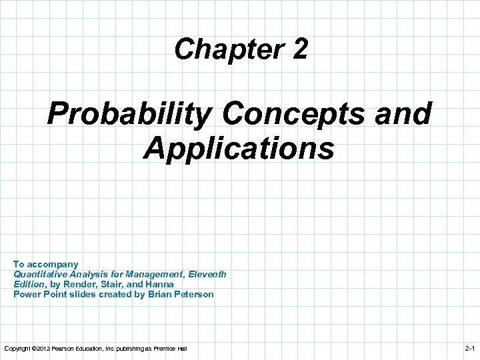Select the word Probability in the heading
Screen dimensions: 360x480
click(129, 114)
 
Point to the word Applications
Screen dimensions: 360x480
click(239, 148)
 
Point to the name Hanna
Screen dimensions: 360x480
click(160, 284)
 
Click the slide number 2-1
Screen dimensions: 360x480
click(469, 349)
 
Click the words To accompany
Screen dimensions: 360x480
click(46, 264)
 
